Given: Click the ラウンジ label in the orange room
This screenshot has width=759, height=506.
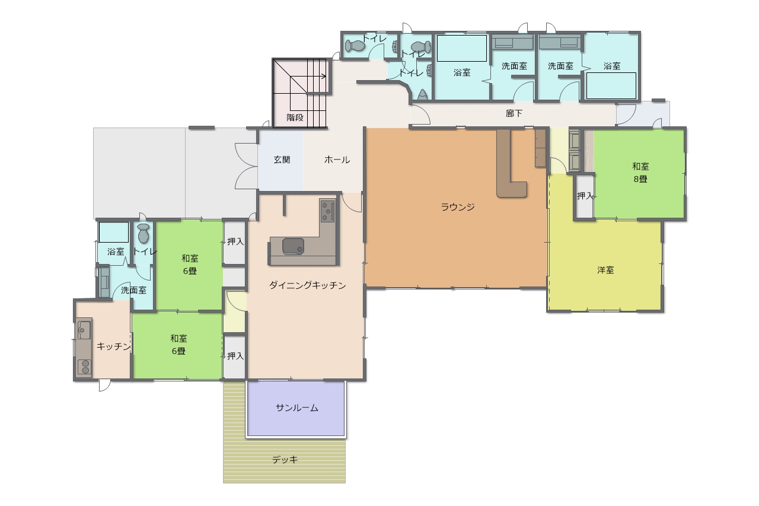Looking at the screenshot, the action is pos(457,206).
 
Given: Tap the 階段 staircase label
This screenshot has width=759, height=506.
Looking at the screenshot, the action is pos(295,117).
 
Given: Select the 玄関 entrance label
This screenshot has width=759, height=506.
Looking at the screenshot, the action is pos(282,160).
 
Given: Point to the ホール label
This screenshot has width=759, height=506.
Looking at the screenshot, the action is pos(337,160).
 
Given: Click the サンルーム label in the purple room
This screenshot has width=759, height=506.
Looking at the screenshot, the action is pos(297,408).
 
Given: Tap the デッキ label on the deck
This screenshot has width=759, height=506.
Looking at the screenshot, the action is pos(285,460).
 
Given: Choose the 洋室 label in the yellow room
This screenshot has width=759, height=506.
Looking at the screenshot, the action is pos(605,270).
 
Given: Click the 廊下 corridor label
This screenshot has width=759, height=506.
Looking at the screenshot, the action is pos(514,113).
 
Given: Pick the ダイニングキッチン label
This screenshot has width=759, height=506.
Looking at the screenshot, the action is pos(307,285).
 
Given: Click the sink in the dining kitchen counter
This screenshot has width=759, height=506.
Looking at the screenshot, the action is pos(293,246).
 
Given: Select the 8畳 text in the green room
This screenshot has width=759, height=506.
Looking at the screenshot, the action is pos(640,179).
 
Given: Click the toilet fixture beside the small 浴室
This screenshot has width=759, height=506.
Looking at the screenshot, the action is pos(143,233).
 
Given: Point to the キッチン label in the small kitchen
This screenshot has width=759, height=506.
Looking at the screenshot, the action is pos(113,346).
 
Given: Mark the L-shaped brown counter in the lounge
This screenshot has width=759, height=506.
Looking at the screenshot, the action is pos(510,163).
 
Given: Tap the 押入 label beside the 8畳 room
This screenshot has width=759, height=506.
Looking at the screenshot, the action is pos(585,196).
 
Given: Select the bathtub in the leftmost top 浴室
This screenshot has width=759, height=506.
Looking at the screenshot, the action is pos(461,48).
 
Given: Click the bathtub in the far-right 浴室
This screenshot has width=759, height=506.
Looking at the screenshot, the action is pos(611,86).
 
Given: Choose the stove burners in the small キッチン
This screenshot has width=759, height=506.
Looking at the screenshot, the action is pos(84,367).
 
